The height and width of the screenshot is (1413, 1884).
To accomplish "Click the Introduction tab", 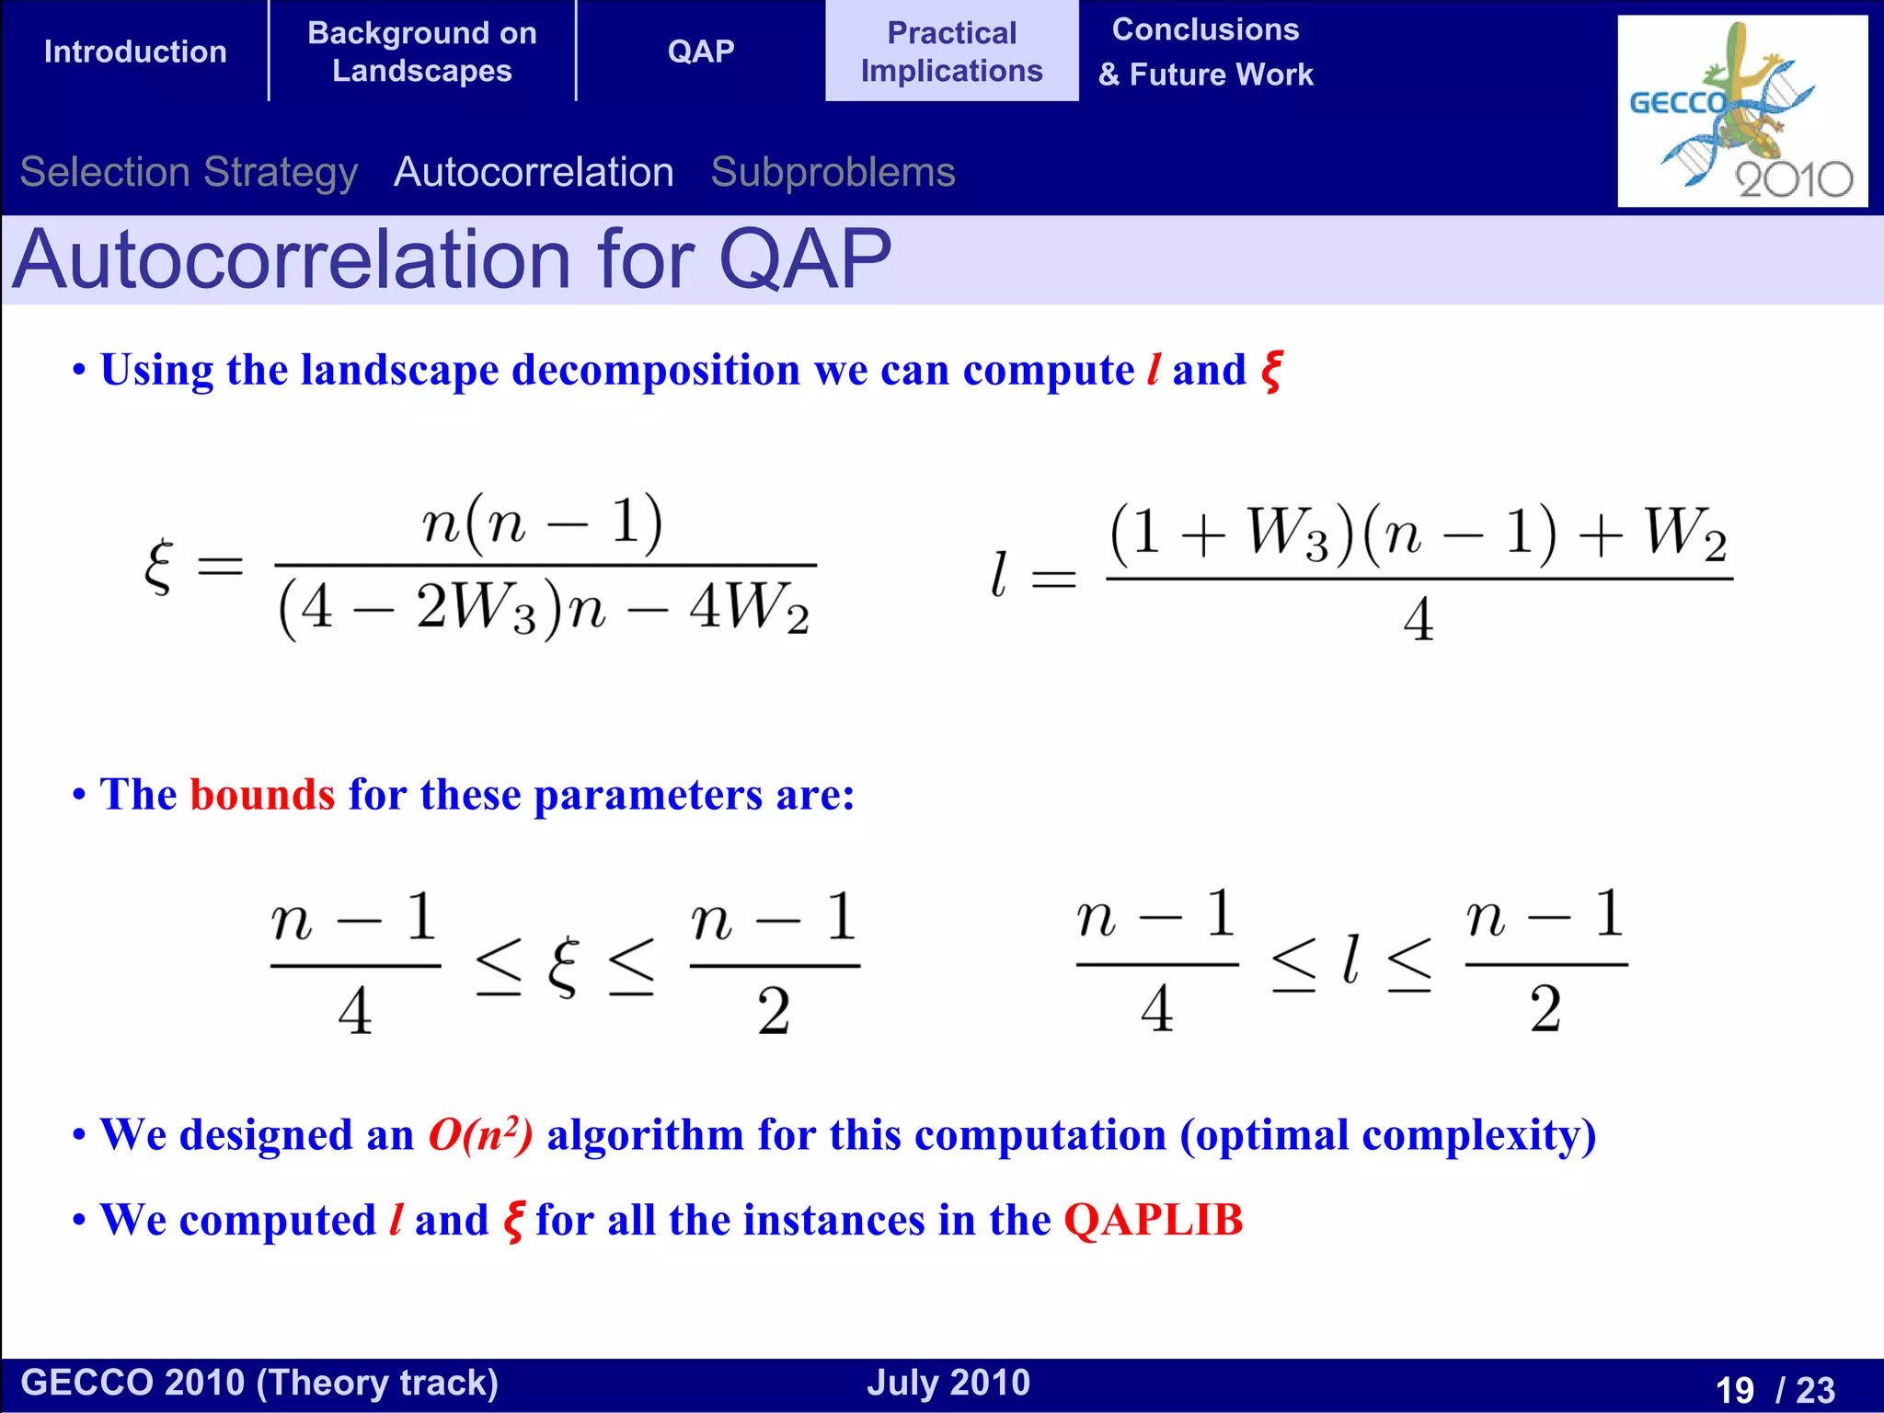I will [135, 52].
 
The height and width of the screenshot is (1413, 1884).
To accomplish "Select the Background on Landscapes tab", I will [422, 52].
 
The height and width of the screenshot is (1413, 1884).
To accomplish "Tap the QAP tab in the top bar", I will [701, 52].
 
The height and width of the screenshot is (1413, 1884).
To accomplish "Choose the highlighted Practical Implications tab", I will [951, 52].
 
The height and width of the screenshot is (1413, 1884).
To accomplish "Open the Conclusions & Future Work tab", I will [1205, 52].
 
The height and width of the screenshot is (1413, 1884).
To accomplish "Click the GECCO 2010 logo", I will [1741, 111].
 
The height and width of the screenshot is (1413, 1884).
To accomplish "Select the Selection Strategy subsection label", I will [189, 172].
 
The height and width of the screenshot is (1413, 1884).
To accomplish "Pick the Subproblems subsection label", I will [833, 172].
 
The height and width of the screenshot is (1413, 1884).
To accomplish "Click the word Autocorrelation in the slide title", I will [292, 260].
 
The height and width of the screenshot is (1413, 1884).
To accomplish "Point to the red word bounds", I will [262, 794].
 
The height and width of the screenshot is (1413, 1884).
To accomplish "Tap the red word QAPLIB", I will [1154, 1220].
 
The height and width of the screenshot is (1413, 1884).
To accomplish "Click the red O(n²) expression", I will [480, 1134].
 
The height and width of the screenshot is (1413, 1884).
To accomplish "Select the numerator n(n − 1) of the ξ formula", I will [543, 523].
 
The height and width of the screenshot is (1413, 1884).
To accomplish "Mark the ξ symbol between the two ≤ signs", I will [564, 967].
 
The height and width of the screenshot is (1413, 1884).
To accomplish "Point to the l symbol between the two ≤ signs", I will [1350, 961].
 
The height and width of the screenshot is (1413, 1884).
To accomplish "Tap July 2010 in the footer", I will [948, 1383].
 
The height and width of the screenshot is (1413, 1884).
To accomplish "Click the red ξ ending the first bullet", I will [1271, 372].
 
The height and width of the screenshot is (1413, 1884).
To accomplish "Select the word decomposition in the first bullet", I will [655, 370].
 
